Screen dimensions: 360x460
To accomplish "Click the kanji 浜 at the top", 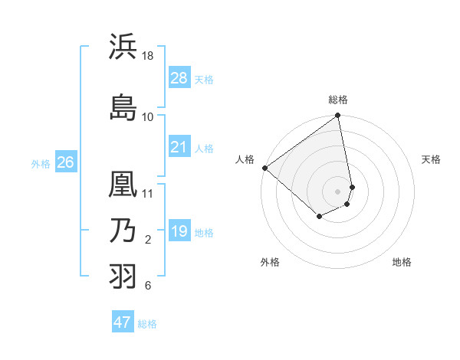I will [x=123, y=47].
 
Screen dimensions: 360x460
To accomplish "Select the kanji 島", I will [x=123, y=106].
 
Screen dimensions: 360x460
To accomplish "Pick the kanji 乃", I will [x=123, y=231].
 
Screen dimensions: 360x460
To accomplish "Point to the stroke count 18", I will [x=148, y=57].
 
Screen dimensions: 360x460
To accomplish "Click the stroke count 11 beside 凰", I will [x=148, y=193].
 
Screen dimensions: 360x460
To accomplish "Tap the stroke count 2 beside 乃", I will [x=148, y=241].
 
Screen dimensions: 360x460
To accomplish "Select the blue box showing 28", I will [x=179, y=77].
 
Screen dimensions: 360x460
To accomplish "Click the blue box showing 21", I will [x=179, y=146].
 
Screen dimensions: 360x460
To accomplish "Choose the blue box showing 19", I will [x=179, y=231].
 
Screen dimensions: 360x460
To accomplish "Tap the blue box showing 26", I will [x=65, y=162].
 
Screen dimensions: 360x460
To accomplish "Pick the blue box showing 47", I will [x=123, y=322].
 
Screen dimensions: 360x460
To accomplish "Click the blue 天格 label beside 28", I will [x=204, y=79].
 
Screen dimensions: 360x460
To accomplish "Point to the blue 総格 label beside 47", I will [x=147, y=324].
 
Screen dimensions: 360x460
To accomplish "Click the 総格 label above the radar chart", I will [x=338, y=100].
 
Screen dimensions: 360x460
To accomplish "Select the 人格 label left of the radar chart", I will [x=245, y=159].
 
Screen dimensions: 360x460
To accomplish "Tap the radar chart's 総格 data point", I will [x=337, y=116].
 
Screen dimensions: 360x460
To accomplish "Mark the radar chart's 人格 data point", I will [x=264, y=168].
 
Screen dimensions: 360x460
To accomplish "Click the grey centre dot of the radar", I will [x=337, y=191].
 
